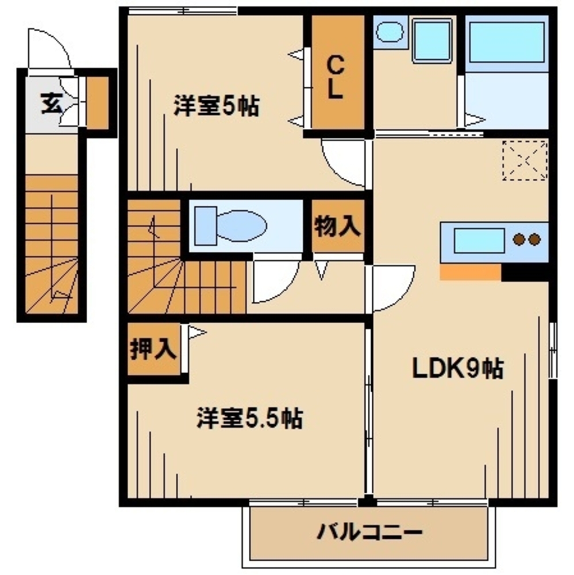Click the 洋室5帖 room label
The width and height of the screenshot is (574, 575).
(216, 106)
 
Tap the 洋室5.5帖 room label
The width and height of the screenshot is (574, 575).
(249, 418)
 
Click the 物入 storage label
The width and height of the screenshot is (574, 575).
(338, 227)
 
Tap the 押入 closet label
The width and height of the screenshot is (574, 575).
(152, 350)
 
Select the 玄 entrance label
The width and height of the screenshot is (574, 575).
(51, 104)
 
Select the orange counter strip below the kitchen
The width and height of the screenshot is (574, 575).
(470, 272)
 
